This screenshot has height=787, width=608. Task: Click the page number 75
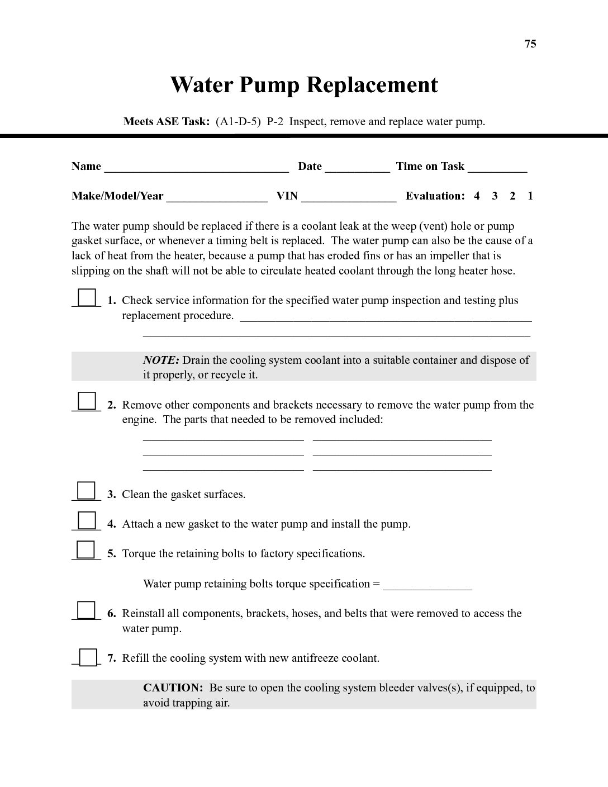[x=530, y=44]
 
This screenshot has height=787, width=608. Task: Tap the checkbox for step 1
[x=87, y=297]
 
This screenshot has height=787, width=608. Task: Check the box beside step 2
[x=87, y=401]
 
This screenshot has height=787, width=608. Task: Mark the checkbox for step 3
[x=86, y=490]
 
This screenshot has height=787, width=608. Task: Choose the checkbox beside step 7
[x=88, y=657]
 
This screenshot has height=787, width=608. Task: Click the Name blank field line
[x=196, y=168]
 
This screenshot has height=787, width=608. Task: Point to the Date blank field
[x=357, y=168]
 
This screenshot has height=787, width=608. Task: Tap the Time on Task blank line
[x=497, y=168]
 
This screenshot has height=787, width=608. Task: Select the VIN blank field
[x=348, y=198]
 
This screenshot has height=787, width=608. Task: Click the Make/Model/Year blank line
[x=217, y=198]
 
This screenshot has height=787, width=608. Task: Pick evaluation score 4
[x=477, y=196]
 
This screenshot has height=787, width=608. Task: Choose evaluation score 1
[x=530, y=196]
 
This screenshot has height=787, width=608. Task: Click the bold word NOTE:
[x=161, y=360]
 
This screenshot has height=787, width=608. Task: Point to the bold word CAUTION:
[x=173, y=688]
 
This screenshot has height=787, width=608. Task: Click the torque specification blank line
[x=427, y=586]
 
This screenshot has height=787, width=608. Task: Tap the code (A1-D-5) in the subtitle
[x=239, y=121]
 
